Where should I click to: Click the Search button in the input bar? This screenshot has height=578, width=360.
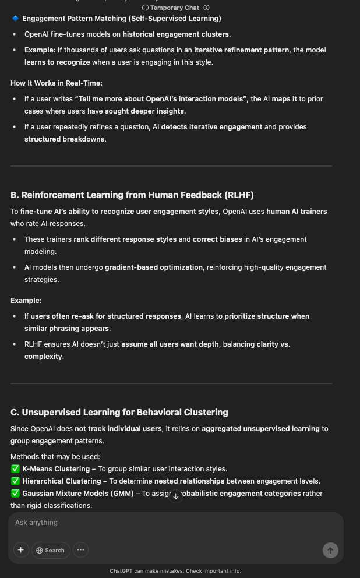pos(50,550)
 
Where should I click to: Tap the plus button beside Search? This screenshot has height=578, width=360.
pos(21,550)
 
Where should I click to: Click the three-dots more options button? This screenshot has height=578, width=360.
pos(80,550)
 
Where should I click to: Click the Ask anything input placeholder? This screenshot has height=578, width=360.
pos(37,523)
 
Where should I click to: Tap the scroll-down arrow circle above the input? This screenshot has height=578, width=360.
pos(175,496)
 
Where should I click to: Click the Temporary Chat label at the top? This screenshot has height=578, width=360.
pos(174,8)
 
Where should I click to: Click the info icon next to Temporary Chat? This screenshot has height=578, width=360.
pos(206,8)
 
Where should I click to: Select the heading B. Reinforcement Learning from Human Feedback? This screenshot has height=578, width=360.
pos(132,195)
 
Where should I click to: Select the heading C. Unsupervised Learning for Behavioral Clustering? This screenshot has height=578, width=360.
pos(119,413)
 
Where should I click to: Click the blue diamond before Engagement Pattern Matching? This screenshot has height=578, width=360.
pos(15,19)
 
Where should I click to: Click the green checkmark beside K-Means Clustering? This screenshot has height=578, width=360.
pos(15,469)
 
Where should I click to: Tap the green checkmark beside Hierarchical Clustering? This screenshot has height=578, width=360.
pos(15,481)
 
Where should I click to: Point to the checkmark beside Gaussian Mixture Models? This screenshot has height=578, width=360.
pos(15,494)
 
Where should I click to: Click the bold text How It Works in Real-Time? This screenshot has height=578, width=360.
pos(56,83)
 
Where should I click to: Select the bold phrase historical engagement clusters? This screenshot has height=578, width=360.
pos(176,34)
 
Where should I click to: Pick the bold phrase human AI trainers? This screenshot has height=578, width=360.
pos(297,212)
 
